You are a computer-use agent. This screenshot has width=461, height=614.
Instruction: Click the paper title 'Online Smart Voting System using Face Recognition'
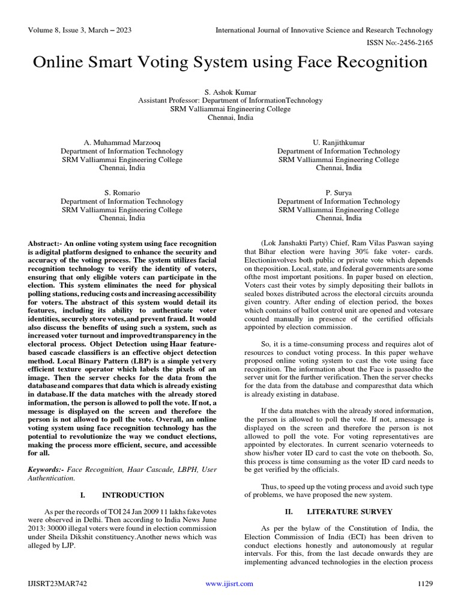click(230, 62)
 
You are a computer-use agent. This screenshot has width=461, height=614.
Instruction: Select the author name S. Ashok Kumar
click(230, 92)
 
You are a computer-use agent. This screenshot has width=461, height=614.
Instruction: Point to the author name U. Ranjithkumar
click(339, 143)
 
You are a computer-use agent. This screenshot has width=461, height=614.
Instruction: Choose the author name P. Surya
click(339, 193)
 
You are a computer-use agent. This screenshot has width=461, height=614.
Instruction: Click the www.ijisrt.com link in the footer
click(229, 583)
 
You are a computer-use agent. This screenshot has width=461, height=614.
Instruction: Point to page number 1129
click(424, 583)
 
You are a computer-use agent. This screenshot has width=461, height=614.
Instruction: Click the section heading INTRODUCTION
click(133, 495)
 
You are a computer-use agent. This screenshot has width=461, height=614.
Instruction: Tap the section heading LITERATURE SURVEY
click(349, 511)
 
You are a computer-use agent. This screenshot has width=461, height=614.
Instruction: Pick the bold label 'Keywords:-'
click(47, 468)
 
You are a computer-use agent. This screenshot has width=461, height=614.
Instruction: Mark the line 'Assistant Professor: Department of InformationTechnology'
click(230, 101)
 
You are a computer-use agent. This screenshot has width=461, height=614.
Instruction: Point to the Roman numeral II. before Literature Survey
click(289, 511)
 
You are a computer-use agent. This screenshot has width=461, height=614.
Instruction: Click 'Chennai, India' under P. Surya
click(339, 219)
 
